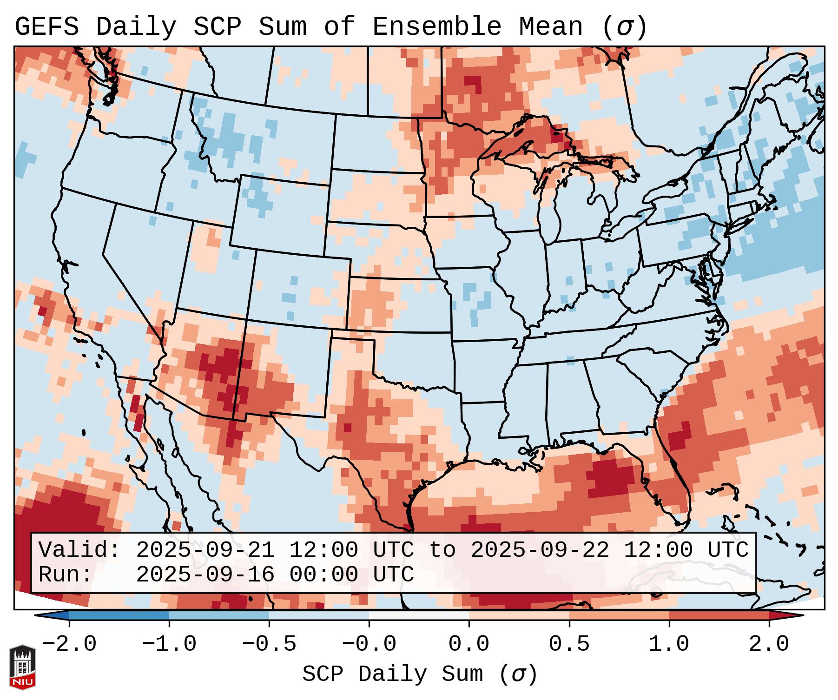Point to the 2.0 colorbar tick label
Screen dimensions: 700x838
[769, 644]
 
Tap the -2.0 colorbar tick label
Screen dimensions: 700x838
[69, 644]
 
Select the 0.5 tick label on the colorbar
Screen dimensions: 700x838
[569, 644]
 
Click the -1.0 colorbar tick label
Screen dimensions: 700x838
[169, 644]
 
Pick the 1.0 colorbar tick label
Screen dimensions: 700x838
[669, 644]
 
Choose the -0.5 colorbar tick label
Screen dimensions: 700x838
[269, 644]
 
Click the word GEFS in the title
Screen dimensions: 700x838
[46, 27]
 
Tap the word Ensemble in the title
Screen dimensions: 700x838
[436, 27]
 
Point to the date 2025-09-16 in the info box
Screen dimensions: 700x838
[205, 575]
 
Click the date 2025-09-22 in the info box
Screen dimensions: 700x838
[540, 550]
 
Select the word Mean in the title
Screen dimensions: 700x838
[550, 27]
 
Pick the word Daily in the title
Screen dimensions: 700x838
[136, 27]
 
